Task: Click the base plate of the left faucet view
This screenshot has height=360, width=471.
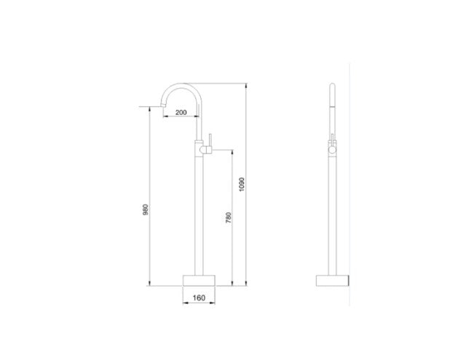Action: (199, 281)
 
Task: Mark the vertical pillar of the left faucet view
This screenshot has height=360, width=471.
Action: (199, 211)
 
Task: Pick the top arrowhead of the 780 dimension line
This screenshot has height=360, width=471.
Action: (232, 151)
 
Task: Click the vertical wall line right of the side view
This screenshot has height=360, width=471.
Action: (353, 182)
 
